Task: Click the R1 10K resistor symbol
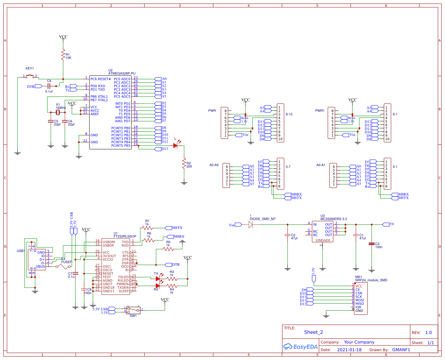[x=63, y=55]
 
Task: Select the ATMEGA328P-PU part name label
[x=122, y=74]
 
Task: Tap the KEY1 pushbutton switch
[x=31, y=76]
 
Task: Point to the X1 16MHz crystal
[x=58, y=113]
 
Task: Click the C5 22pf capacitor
[x=51, y=121]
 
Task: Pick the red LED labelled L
[x=176, y=145]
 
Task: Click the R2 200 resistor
[x=184, y=163]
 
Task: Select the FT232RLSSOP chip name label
[x=124, y=237]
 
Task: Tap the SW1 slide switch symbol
[x=133, y=310]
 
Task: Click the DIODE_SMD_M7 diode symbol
[x=251, y=225]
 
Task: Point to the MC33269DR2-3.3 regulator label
[x=333, y=219]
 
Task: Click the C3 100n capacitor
[x=372, y=244]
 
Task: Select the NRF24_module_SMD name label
[x=371, y=280]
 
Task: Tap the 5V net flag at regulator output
[x=386, y=224]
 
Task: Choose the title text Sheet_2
[x=313, y=332]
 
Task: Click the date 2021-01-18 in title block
[x=349, y=350]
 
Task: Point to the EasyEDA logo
[x=301, y=347]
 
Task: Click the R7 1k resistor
[x=147, y=228]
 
